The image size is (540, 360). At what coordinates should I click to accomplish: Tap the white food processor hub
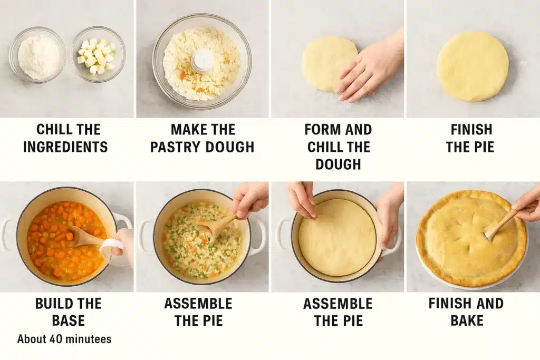[202, 61]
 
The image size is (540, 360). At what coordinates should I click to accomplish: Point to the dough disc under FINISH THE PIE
[472, 66]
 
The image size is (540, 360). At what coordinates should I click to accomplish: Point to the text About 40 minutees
[64, 339]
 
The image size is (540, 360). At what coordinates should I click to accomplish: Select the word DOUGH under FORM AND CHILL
[338, 164]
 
